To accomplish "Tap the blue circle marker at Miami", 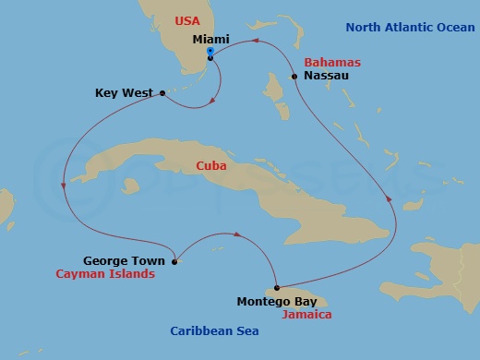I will [x=210, y=51].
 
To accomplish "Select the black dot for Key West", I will [x=162, y=92].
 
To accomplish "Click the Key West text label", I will [x=125, y=93].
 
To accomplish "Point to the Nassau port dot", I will [x=294, y=76].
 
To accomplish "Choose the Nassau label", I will [x=326, y=76].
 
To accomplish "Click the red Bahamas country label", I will [x=332, y=62].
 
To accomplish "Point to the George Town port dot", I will [x=174, y=260].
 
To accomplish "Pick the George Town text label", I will [x=118, y=261].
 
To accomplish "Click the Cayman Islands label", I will [x=105, y=274].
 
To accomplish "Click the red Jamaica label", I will [x=307, y=314].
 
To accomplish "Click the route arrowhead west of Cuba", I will [x=62, y=186].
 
